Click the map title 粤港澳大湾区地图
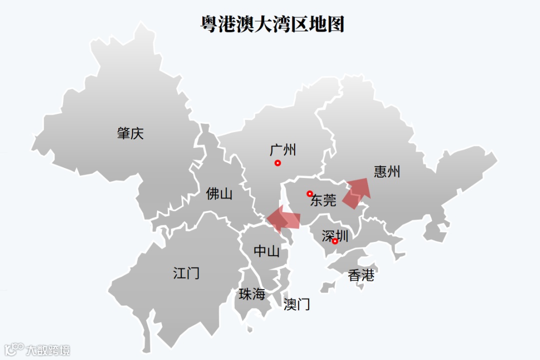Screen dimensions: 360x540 coord(272,23)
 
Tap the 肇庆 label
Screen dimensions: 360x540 coord(130,133)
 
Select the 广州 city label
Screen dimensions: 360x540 coord(282,149)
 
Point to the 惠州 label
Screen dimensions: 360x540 coord(387,171)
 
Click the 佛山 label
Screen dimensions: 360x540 coord(219,193)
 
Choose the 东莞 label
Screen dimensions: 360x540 coord(323,200)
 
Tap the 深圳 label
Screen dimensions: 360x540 coord(335,235)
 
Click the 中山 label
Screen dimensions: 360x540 coord(266,251)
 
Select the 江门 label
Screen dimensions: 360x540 coord(186,273)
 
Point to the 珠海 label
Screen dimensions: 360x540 coord(251,294)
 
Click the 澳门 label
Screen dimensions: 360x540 coord(296,303)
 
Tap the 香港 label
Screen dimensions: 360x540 coord(361,275)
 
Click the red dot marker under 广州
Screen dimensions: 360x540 coord(278,163)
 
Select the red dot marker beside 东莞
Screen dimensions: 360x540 coord(309,193)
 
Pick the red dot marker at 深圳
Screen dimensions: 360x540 coord(335,241)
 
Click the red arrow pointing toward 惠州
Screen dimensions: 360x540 coord(357,192)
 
